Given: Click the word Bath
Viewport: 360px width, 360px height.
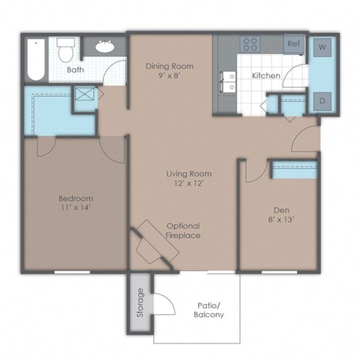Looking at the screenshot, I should pos(75,70).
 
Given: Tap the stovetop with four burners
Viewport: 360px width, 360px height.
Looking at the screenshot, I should pos(250,43).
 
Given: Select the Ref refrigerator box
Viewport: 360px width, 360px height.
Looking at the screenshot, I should pos(293,44).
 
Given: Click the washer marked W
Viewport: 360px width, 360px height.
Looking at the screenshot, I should pos(322,47).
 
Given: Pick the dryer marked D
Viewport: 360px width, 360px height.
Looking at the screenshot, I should pos(322,100).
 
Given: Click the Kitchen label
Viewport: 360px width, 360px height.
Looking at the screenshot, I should pos(265,76).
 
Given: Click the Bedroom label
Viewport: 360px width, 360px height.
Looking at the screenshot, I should pos(75,199).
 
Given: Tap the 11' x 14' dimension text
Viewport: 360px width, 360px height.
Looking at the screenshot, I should pos(75,209).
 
